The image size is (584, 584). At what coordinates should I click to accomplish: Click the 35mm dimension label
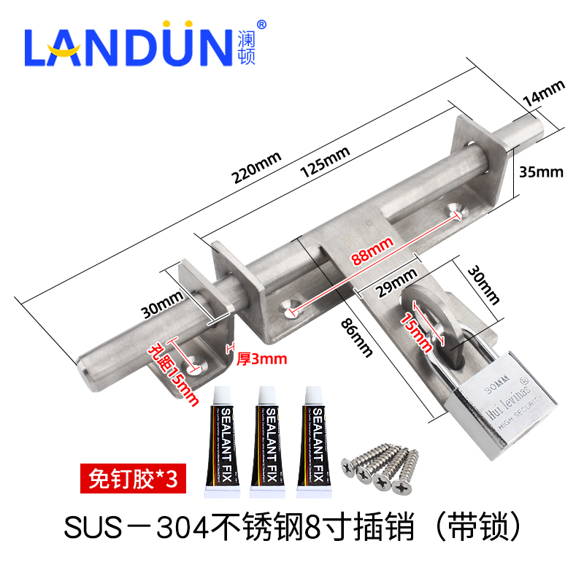pyautogui.click(x=541, y=172)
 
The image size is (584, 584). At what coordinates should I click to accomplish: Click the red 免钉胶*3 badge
pyautogui.click(x=129, y=478)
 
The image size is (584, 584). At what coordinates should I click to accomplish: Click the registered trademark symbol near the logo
pyautogui.click(x=262, y=23)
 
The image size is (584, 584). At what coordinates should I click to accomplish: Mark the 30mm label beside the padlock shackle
pyautogui.click(x=486, y=285)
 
